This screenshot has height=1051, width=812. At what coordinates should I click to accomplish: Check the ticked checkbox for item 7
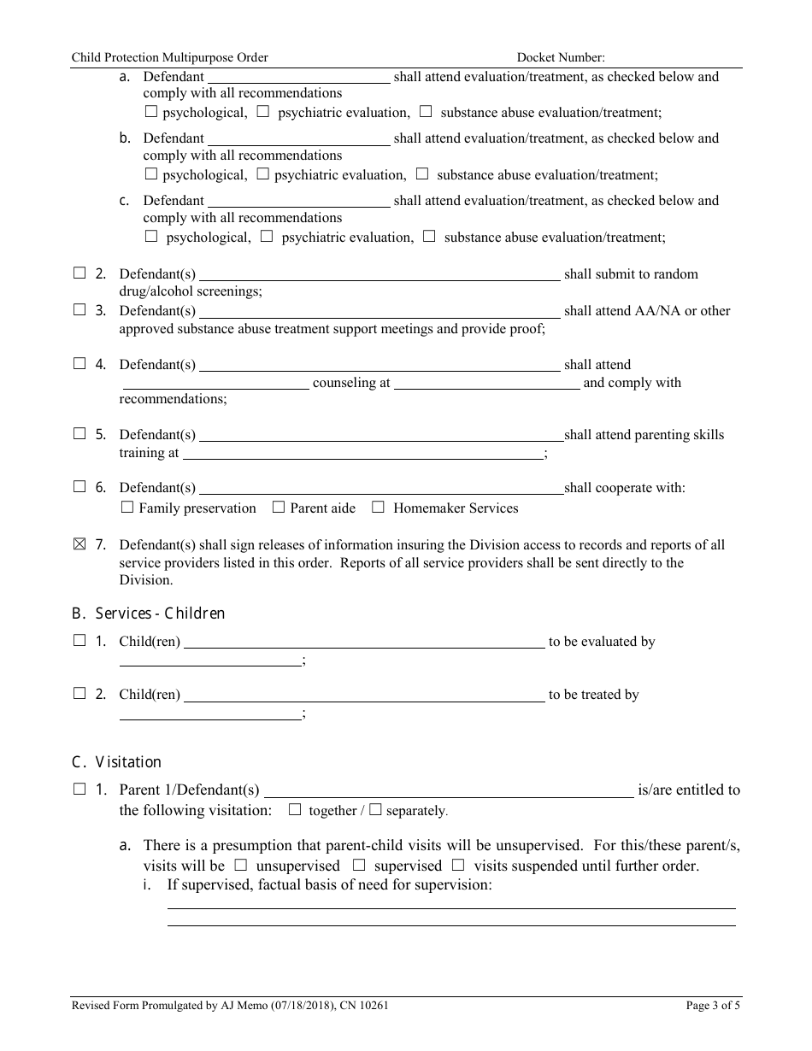(79, 544)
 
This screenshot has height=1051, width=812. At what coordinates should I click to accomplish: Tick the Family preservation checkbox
(127, 507)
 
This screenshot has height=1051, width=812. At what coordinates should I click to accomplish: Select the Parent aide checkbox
(278, 507)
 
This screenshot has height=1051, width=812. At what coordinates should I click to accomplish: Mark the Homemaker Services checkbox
(378, 507)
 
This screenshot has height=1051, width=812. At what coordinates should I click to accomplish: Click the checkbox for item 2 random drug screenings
(79, 273)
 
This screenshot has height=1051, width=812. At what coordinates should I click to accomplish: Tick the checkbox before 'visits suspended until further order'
(458, 865)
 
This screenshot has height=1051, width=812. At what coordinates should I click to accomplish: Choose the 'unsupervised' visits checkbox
(241, 865)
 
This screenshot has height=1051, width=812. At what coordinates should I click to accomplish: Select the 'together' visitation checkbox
(295, 809)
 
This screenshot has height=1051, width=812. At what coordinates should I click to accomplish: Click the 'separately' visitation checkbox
(374, 809)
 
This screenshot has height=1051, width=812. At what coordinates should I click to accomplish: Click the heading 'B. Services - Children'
(148, 614)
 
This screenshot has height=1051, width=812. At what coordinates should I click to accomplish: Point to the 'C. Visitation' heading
(116, 762)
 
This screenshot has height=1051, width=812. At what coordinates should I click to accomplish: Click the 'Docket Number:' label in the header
(561, 57)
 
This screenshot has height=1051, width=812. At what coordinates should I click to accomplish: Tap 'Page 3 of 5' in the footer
(713, 1006)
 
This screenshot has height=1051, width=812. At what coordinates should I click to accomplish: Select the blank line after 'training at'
(363, 455)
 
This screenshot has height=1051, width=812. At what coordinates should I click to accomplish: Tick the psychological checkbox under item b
(151, 173)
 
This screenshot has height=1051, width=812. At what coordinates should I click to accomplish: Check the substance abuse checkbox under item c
(429, 236)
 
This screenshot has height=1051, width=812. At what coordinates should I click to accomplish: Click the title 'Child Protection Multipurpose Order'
(169, 57)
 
